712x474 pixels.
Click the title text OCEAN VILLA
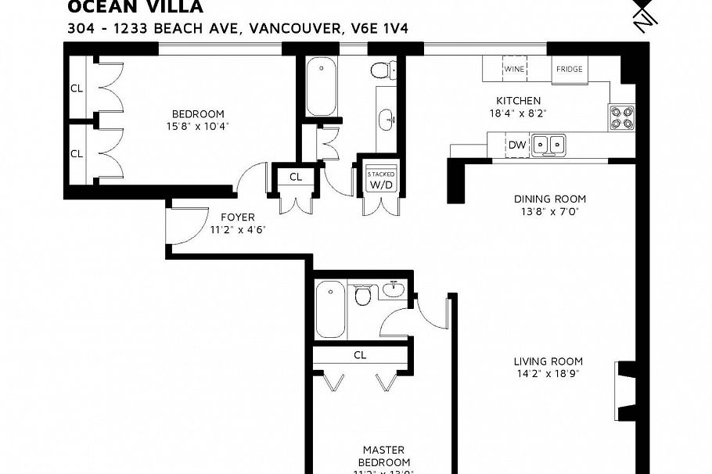click(135, 8)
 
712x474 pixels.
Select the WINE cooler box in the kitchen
click(514, 69)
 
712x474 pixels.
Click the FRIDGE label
click(569, 69)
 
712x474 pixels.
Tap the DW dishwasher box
click(517, 145)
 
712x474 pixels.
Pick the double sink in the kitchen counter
click(548, 145)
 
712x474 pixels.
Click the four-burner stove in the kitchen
click(622, 117)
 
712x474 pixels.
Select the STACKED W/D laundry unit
click(381, 181)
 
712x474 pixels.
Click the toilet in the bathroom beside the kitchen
click(381, 71)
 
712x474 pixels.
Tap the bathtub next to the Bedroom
click(321, 86)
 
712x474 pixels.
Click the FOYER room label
click(237, 217)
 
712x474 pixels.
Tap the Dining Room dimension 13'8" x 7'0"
click(549, 211)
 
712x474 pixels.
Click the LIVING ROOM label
click(548, 361)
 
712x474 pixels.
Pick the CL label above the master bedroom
click(360, 354)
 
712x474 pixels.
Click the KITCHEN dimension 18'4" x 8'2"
click(518, 113)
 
